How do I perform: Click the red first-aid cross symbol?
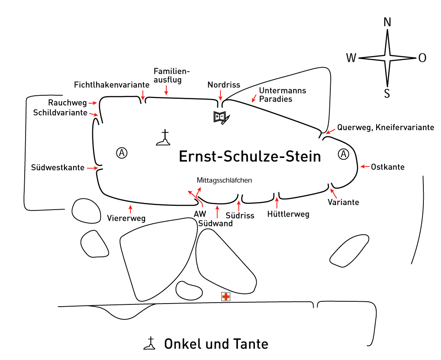(x=226, y=297)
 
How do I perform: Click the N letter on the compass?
(x=387, y=22)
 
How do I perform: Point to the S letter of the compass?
(x=387, y=94)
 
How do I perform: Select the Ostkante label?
(x=388, y=167)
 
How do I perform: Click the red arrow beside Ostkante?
(x=365, y=167)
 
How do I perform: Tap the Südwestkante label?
(x=58, y=168)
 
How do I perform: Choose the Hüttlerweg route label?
(x=288, y=214)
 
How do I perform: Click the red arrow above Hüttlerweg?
(x=277, y=203)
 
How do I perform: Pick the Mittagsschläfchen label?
(x=224, y=180)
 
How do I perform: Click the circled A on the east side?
(x=344, y=154)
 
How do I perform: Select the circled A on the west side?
(x=122, y=153)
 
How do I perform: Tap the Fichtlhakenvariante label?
(x=112, y=84)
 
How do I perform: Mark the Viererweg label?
(x=126, y=218)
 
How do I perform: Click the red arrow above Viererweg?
(x=130, y=209)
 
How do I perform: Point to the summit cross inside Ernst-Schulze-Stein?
(x=165, y=138)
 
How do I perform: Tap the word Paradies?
(x=276, y=99)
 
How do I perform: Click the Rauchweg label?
(x=67, y=103)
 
